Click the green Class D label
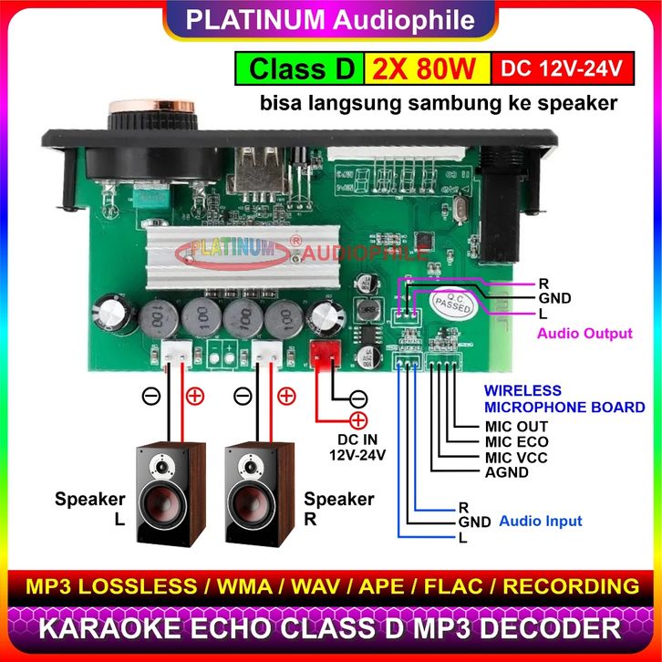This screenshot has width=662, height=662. (297, 68)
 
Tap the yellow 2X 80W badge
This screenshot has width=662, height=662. (426, 68)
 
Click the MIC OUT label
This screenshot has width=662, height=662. (516, 426)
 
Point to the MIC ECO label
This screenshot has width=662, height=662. (516, 441)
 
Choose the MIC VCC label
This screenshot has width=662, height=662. (516, 457)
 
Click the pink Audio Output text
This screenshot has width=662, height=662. (584, 334)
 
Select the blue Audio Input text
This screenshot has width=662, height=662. (541, 522)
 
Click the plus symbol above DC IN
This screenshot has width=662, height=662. (357, 420)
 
